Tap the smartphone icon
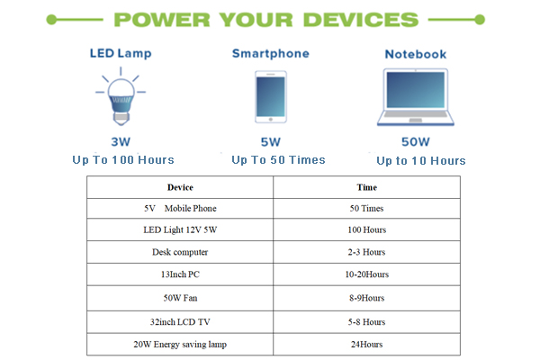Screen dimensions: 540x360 [x=271, y=97]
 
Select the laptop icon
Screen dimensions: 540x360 [x=416, y=97]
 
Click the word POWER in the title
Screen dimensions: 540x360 [x=162, y=20]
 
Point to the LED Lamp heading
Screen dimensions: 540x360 [x=121, y=53]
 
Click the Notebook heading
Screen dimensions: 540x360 [x=416, y=54]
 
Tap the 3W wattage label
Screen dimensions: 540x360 [x=121, y=141]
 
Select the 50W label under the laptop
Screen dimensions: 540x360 [x=416, y=141]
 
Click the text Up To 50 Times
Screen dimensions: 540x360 [x=278, y=160]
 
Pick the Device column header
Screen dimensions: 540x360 [x=180, y=187]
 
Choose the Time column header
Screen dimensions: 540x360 [x=367, y=187]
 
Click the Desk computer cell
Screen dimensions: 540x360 [x=180, y=252]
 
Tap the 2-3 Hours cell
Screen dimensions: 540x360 [x=366, y=252]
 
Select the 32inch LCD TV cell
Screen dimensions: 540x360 [x=180, y=322]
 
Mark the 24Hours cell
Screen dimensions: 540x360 [x=367, y=344]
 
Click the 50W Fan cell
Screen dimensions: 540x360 [x=180, y=298]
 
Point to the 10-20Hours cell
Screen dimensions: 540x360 [x=367, y=274]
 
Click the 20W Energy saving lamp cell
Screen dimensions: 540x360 [x=180, y=344]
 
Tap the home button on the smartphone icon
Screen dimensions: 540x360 [x=271, y=120]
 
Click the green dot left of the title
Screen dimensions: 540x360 [x=51, y=20]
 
